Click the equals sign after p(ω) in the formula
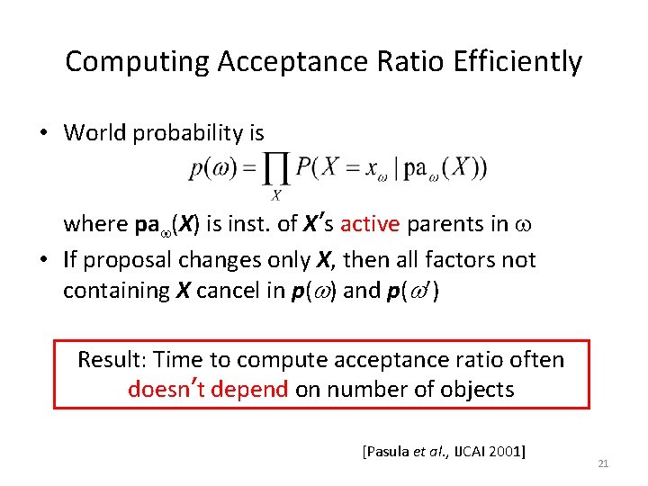[x=247, y=169]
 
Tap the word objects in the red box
[x=478, y=390]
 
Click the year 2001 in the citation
[x=505, y=450]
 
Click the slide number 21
[x=603, y=463]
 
